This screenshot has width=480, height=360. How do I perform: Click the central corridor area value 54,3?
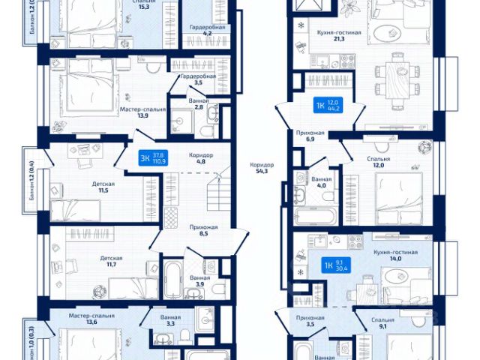(263, 169)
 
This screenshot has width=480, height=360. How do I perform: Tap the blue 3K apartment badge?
(151, 158)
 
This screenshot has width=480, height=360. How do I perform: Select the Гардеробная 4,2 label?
(198, 30)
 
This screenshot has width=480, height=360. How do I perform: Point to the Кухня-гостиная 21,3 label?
(339, 37)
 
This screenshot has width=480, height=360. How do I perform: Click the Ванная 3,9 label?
(199, 281)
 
